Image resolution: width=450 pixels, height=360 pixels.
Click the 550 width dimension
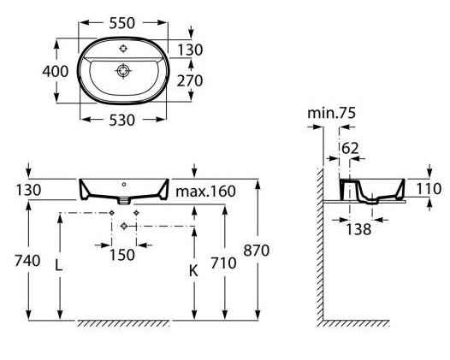tap(121, 23)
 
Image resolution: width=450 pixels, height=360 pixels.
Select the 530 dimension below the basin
tap(121, 120)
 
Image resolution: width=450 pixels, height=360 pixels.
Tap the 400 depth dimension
tap(56, 71)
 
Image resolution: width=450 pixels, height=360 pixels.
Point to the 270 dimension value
tap(190, 80)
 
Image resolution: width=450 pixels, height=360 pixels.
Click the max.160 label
tap(206, 191)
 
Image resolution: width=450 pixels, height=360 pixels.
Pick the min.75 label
tap(331, 113)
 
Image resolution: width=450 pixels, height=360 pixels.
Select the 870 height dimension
tap(257, 251)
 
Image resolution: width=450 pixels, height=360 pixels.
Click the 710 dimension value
tap(223, 263)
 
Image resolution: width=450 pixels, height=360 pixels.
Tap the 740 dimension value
tap(27, 261)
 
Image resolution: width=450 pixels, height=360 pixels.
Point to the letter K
tap(193, 270)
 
